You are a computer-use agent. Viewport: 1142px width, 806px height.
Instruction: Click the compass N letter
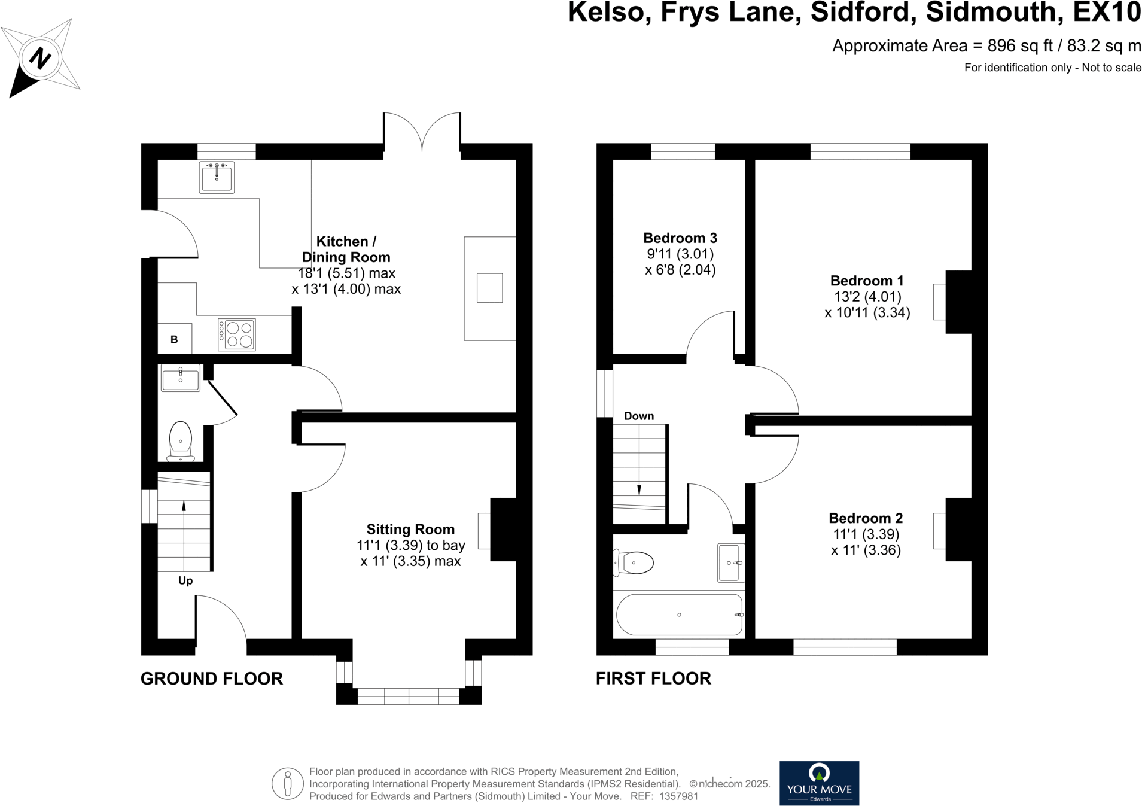tap(40, 58)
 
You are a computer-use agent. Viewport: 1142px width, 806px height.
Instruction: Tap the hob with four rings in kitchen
tap(237, 334)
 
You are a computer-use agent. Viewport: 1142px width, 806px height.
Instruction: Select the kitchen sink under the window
tap(217, 177)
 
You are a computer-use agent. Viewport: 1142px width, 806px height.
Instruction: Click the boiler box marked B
tap(174, 339)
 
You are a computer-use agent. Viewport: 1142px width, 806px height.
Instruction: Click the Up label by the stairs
tap(185, 580)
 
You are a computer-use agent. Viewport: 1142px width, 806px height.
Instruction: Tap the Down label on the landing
tap(639, 416)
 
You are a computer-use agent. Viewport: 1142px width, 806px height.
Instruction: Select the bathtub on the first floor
tap(679, 615)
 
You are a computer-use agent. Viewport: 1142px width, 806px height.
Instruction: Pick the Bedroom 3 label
tap(680, 238)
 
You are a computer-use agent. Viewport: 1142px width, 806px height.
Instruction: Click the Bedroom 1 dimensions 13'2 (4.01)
tap(867, 297)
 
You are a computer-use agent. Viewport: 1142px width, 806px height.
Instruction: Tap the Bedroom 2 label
tap(866, 518)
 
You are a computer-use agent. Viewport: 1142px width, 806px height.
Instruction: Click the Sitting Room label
tap(410, 529)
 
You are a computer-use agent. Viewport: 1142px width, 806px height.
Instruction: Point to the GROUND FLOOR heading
tap(212, 679)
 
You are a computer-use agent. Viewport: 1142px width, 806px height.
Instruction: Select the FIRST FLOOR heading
tap(653, 679)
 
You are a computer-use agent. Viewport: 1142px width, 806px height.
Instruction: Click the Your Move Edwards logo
tap(819, 783)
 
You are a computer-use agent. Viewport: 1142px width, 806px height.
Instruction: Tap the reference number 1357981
tap(678, 796)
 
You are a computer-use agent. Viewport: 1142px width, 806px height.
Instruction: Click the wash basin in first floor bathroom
tap(731, 562)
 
